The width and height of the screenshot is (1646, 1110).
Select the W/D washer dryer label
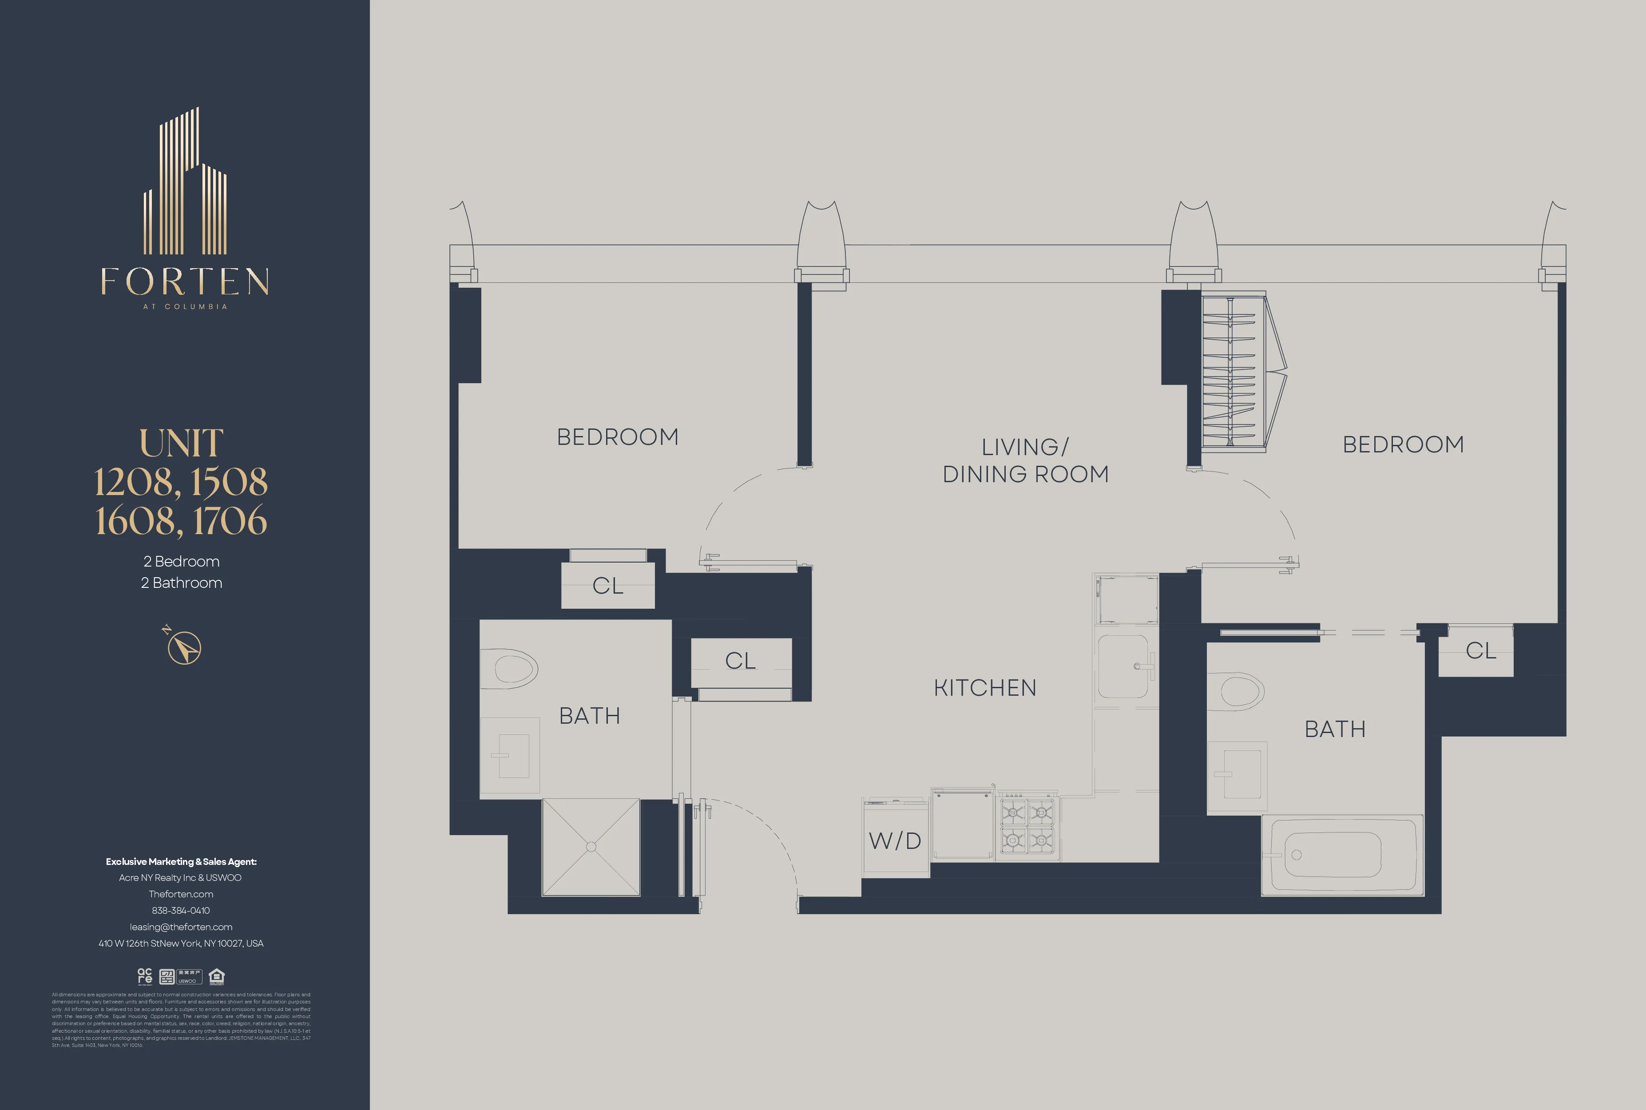[x=895, y=841]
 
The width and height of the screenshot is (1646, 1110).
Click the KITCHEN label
[x=985, y=688]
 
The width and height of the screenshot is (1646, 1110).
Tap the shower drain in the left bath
[x=591, y=847]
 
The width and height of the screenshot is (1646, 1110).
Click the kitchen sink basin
[x=1123, y=666]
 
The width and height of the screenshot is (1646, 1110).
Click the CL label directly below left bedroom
[x=607, y=586]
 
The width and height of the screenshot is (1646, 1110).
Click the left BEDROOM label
[x=617, y=437]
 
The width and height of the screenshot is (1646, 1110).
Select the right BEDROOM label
[x=1403, y=444]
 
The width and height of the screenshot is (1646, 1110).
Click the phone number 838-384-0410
[x=181, y=910]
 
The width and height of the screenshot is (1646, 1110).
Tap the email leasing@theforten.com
[x=181, y=927]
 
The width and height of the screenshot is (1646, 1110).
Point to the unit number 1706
[x=230, y=520]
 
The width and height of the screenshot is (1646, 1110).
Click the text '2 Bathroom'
[x=181, y=583]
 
